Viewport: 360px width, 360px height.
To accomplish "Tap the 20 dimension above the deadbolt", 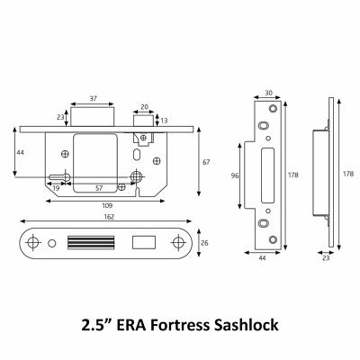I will [143, 105].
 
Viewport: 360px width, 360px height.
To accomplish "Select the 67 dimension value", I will [205, 161].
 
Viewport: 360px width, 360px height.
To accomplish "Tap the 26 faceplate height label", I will [206, 243].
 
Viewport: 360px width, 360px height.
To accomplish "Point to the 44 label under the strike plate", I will [263, 258].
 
